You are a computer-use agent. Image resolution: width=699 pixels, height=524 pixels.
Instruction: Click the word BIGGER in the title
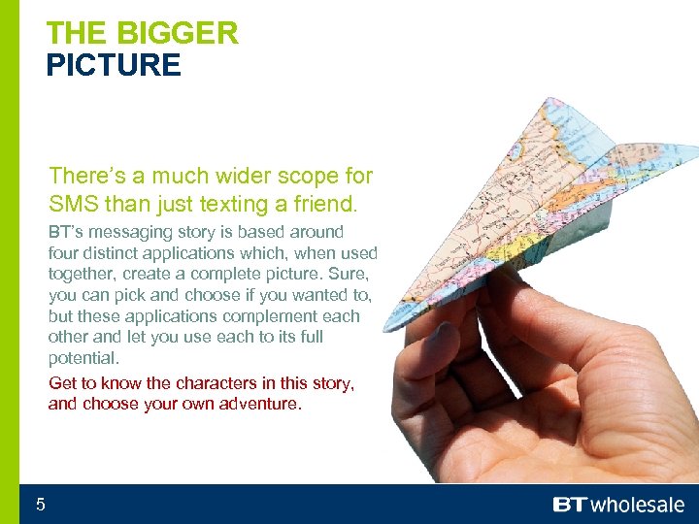(x=177, y=33)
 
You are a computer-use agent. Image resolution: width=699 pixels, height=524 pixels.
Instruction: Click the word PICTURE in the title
(x=113, y=66)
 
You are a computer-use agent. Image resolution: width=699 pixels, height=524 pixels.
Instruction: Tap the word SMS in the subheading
(x=70, y=205)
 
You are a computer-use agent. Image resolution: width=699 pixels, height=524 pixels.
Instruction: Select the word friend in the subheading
(x=324, y=205)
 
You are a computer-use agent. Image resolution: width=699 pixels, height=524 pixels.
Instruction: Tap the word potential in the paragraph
(x=83, y=358)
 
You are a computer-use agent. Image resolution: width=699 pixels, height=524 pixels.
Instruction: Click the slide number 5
(x=41, y=504)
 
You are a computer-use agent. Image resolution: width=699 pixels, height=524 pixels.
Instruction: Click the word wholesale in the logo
(x=637, y=505)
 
